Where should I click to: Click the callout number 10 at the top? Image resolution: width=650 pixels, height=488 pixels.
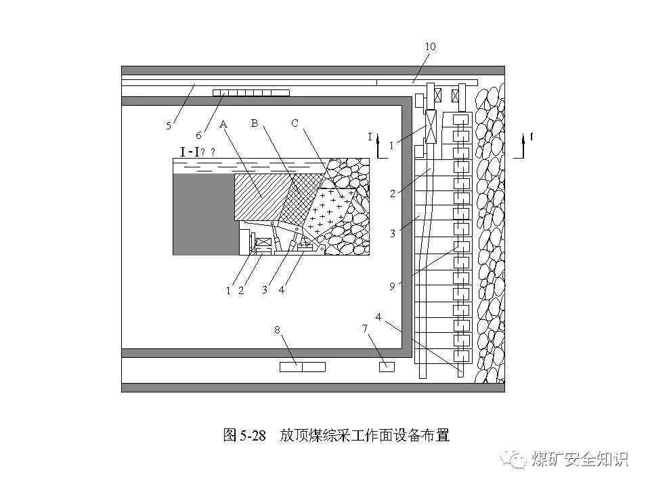pyautogui.click(x=430, y=47)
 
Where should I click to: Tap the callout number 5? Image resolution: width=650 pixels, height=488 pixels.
pyautogui.click(x=169, y=125)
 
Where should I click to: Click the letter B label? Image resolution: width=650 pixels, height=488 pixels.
pyautogui.click(x=255, y=123)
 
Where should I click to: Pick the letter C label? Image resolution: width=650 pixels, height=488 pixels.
pyautogui.click(x=295, y=123)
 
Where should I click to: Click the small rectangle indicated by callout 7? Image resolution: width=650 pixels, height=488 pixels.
pyautogui.click(x=386, y=367)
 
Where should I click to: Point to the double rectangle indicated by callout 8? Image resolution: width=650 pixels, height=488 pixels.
pyautogui.click(x=302, y=367)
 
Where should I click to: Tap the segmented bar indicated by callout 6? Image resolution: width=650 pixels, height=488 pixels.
pyautogui.click(x=251, y=92)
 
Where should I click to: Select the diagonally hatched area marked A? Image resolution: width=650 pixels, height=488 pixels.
pyautogui.click(x=261, y=197)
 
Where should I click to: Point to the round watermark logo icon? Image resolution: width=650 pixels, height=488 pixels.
pyautogui.click(x=518, y=460)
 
